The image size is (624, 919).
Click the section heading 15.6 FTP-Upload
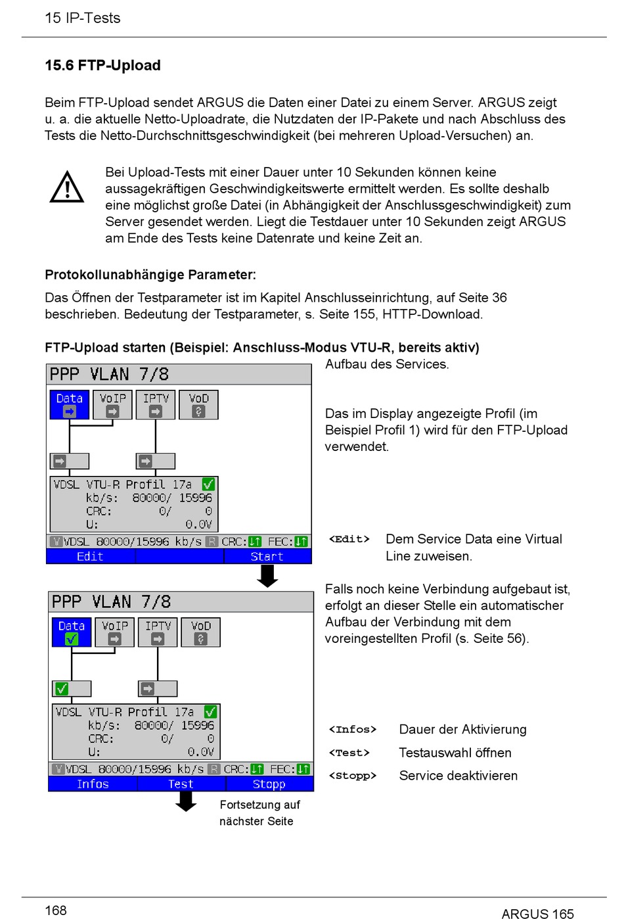coord(102,65)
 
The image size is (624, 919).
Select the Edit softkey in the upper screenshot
coord(90,557)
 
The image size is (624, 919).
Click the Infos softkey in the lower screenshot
coord(93,784)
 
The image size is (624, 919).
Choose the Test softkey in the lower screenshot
coord(181,784)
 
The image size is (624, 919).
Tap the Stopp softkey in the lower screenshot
coord(269,784)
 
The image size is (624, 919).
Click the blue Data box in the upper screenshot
coord(69,404)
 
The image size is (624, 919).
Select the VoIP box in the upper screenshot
coord(112,404)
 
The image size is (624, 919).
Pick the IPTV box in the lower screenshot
coord(158,632)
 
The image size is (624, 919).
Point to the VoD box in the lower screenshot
coord(201,632)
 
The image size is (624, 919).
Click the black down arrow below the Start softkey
coord(267,576)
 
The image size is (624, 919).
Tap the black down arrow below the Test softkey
coord(186,801)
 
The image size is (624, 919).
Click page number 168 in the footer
coord(56,910)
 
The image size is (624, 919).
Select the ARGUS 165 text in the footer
coord(537,913)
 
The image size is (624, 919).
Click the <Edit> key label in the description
coord(349,539)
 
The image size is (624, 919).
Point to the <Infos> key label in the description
coord(352,730)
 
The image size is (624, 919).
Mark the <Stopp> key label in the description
coord(352,776)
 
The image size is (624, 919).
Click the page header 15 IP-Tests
coord(82,18)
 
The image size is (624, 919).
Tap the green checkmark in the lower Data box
coord(71,638)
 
